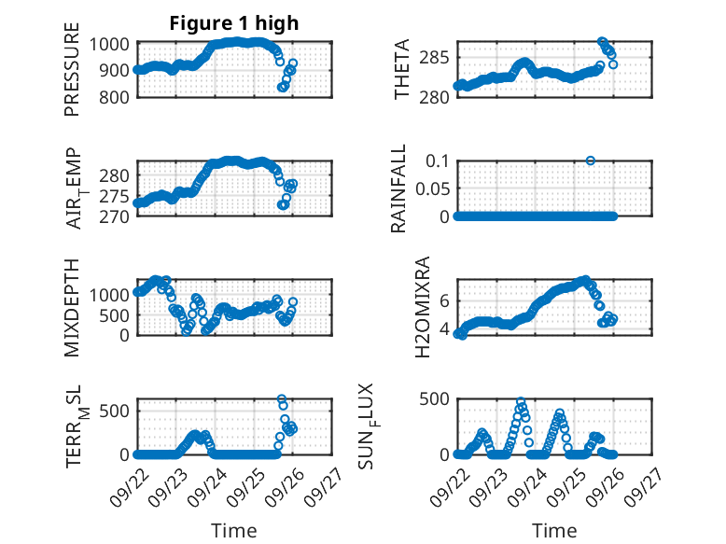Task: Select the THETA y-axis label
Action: (x=402, y=70)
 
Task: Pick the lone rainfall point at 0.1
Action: (x=590, y=160)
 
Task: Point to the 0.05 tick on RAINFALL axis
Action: (x=431, y=188)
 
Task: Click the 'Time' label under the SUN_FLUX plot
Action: (x=554, y=530)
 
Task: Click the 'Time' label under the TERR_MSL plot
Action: (x=235, y=530)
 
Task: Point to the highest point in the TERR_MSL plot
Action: (x=282, y=399)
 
